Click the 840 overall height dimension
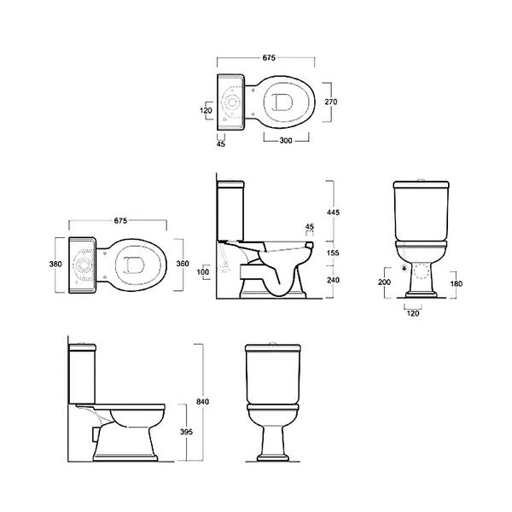(x=202, y=402)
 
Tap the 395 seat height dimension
(x=186, y=432)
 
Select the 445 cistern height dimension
(x=333, y=212)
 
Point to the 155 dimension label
(x=333, y=253)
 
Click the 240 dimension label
(x=333, y=280)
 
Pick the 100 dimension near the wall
(x=203, y=272)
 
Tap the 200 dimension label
(x=384, y=282)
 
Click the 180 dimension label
(x=457, y=284)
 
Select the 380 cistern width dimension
(x=55, y=264)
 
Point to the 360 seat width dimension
(x=183, y=264)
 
